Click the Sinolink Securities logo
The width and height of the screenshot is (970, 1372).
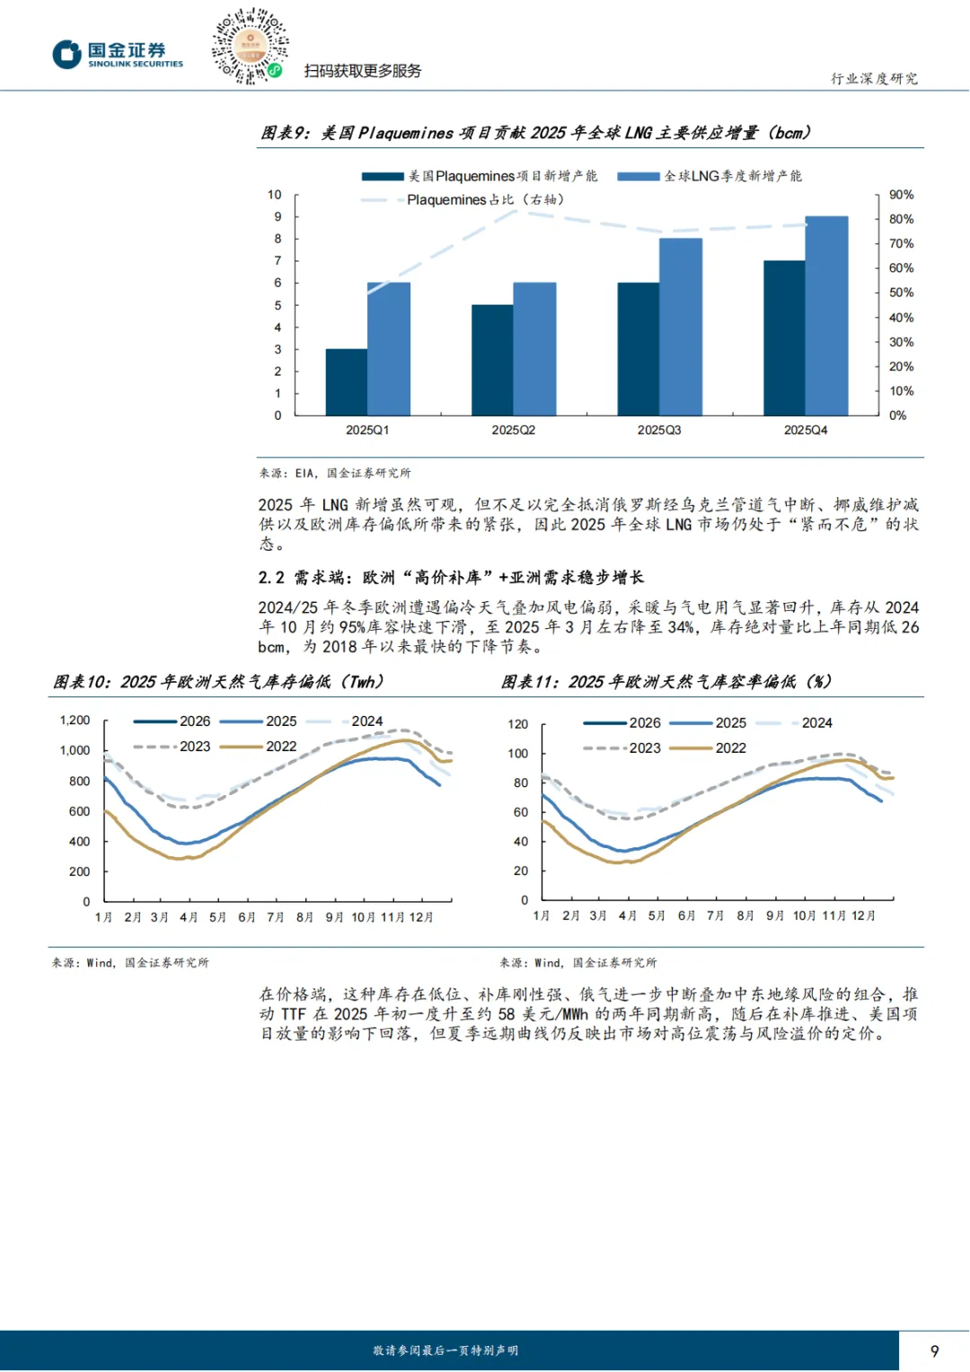[x=118, y=54]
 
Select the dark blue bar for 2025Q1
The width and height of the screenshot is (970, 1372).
[x=347, y=382]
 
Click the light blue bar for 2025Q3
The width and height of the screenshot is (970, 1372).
[x=681, y=326]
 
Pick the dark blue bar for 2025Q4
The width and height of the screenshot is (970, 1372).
[x=784, y=338]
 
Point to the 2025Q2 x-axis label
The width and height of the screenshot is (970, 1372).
[x=513, y=430]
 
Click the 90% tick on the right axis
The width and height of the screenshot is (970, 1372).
[x=901, y=195]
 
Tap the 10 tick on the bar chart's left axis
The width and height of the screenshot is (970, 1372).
[x=274, y=195]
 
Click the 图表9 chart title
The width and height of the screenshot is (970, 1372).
[x=535, y=133]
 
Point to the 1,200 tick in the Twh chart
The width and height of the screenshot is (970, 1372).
[x=75, y=721]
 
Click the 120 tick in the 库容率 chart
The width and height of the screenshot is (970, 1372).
[x=518, y=724]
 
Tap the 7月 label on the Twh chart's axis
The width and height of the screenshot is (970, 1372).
[x=276, y=917]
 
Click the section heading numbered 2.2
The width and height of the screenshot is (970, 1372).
[x=451, y=577]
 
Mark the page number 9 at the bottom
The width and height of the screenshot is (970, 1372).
[x=934, y=1351]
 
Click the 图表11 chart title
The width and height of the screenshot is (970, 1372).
[x=666, y=682]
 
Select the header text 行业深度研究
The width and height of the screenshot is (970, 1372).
[x=874, y=79]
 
